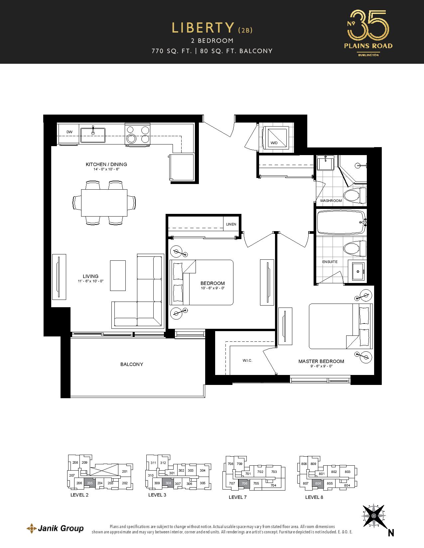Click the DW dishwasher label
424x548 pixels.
[70, 132]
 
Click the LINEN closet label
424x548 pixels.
[231, 224]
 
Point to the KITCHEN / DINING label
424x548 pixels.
[106, 164]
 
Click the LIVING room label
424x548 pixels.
[91, 276]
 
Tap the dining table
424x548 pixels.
[104, 203]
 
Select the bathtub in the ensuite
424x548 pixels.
[342, 223]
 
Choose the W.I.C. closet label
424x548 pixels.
[247, 361]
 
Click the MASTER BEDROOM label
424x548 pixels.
[321, 361]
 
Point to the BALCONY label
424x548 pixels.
[132, 364]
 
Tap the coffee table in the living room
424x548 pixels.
[118, 276]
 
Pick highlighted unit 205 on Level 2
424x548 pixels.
[90, 483]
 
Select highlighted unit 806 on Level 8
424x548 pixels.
[318, 484]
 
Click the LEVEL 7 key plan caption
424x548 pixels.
[238, 497]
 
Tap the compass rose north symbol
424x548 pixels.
[374, 515]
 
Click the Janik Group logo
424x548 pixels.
[55, 528]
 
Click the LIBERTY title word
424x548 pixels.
[203, 28]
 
